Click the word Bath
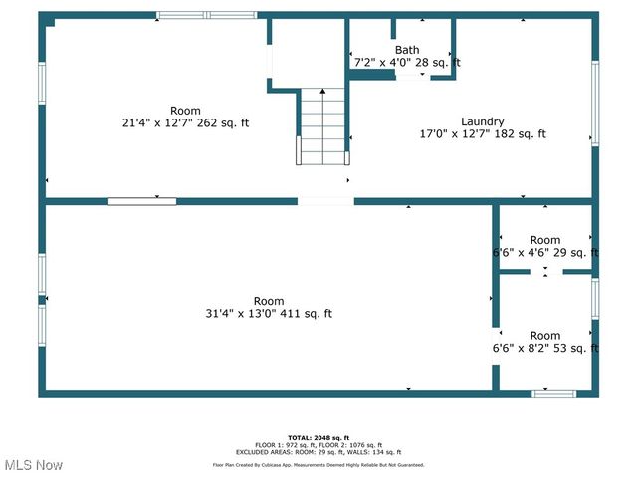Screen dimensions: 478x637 407,50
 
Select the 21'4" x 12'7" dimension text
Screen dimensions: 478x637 185,123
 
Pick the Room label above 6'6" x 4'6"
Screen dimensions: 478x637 544,240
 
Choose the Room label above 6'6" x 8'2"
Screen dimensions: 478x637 544,336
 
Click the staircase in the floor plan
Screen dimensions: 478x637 323,126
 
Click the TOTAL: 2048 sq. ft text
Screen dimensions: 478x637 318,438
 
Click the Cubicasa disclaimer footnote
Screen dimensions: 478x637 318,465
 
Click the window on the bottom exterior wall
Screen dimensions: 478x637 553,394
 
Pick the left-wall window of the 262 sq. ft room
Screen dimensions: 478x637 42,83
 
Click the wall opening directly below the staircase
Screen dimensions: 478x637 324,201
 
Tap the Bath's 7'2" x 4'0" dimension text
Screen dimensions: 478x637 407,63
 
